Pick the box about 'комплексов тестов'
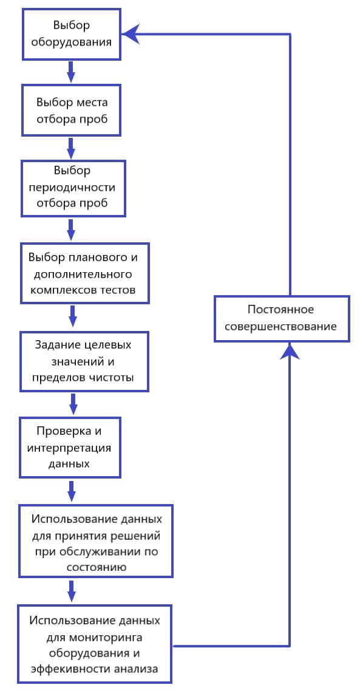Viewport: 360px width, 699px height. click(85, 273)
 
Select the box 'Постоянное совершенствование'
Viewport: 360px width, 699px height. click(281, 318)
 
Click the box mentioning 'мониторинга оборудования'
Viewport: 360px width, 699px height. click(94, 644)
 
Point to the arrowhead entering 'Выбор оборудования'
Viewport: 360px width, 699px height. click(131, 35)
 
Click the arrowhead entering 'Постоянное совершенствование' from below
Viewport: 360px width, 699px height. click(290, 351)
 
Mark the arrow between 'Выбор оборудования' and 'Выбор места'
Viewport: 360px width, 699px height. click(71, 72)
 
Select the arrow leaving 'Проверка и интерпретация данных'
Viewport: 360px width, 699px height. click(71, 491)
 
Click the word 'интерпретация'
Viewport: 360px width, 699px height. click(70, 448)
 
